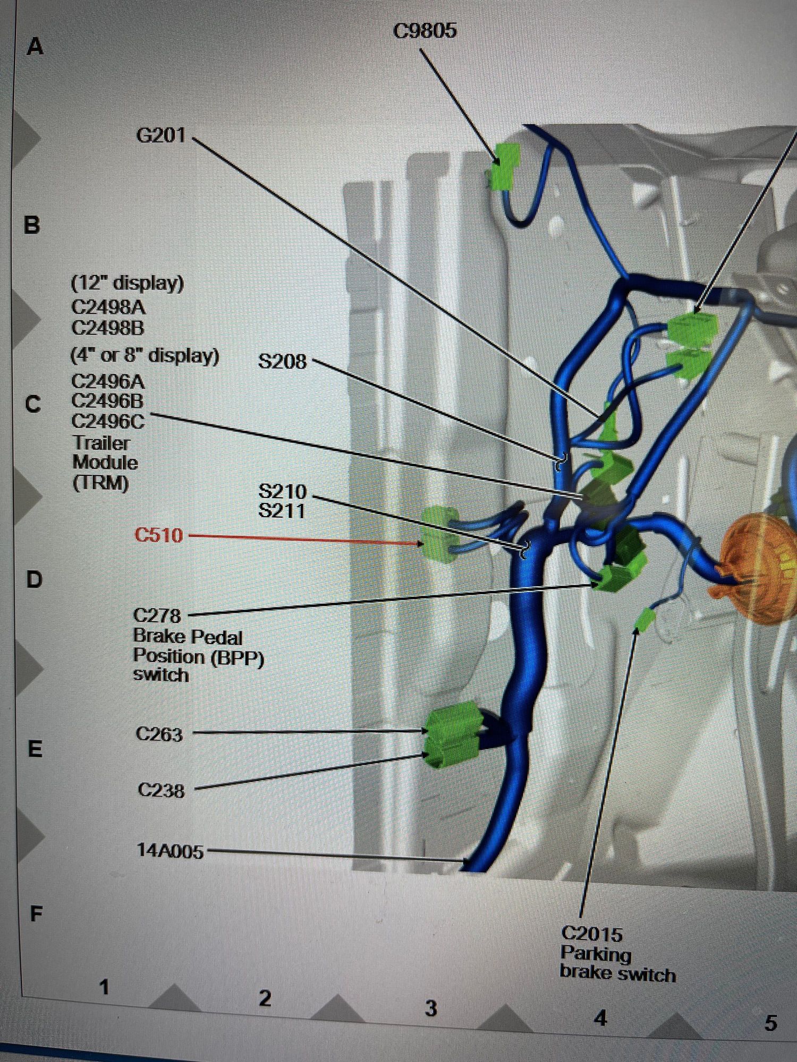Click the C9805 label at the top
[x=425, y=30]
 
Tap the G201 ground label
[x=161, y=135]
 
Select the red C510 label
[x=159, y=535]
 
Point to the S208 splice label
[x=282, y=362]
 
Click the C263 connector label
[x=159, y=734]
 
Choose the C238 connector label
[x=161, y=791]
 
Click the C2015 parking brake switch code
[x=591, y=933]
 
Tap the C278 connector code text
[x=157, y=616]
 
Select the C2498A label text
[x=108, y=307]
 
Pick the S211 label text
[x=282, y=511]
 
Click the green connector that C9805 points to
[x=503, y=166]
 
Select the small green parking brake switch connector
[x=646, y=620]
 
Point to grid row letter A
[x=35, y=47]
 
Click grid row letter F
[x=36, y=914]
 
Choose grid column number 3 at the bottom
[x=431, y=1008]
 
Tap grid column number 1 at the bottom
[x=104, y=987]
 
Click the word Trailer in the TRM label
[x=101, y=443]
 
